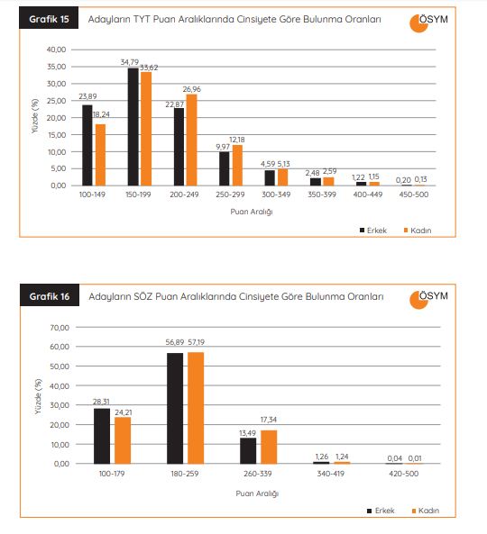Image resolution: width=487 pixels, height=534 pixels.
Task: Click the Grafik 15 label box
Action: (49, 18)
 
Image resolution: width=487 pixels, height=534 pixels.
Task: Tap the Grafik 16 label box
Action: (50, 295)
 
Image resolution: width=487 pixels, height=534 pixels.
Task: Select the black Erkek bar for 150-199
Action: (133, 127)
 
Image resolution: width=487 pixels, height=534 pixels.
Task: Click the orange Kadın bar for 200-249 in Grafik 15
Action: (192, 140)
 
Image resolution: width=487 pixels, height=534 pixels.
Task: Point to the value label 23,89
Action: (87, 96)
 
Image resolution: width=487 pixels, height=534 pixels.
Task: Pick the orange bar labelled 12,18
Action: (237, 166)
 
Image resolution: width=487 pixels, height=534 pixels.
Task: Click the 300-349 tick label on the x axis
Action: (276, 195)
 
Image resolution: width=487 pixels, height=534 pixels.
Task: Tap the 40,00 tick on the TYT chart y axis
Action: (56, 50)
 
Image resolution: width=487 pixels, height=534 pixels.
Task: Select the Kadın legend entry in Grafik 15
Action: (418, 231)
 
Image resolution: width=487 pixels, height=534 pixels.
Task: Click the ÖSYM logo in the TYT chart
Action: (428, 23)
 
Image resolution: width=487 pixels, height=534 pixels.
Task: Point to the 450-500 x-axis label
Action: (414, 195)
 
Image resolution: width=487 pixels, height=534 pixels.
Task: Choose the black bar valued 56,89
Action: (175, 408)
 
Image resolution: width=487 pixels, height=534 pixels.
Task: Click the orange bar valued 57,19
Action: (196, 408)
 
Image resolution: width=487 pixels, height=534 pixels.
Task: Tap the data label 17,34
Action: (269, 420)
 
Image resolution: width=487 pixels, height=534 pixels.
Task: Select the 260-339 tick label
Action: (258, 474)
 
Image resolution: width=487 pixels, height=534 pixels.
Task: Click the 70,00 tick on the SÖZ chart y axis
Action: (60, 328)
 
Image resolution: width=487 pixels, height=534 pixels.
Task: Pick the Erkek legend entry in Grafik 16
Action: (381, 511)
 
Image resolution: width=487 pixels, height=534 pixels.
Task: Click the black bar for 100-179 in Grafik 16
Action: (102, 436)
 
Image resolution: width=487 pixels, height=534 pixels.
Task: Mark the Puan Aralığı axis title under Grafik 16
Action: (257, 493)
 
